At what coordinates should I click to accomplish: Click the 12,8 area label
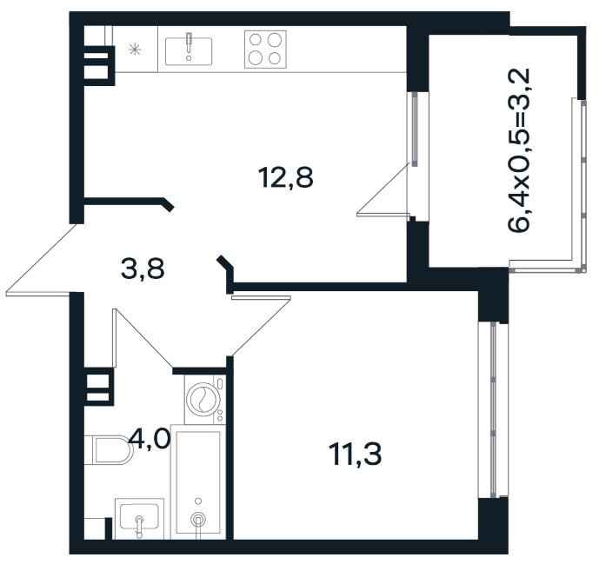286,177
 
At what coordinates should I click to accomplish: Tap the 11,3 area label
356,455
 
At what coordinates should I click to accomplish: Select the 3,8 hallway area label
143,269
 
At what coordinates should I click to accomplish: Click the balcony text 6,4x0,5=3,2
519,150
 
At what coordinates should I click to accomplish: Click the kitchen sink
189,51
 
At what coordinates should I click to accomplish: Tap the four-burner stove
265,50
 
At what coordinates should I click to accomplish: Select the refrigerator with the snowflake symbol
136,49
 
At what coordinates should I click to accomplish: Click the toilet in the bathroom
109,450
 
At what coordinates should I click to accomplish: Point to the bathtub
198,482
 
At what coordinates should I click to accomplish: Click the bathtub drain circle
198,520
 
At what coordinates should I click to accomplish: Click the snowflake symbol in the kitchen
135,50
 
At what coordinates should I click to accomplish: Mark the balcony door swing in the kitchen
383,189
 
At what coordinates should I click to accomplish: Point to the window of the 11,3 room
493,410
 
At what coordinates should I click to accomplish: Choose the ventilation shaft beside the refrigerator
98,66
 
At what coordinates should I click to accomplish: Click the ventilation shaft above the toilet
98,387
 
